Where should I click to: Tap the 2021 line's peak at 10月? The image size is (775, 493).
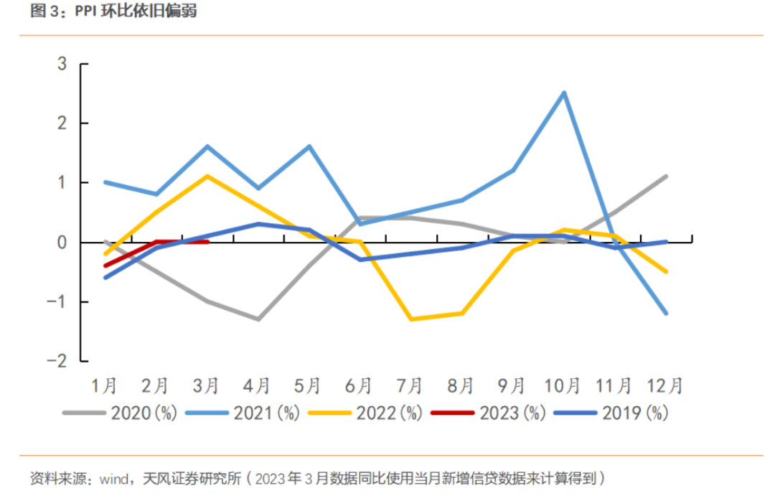(564, 93)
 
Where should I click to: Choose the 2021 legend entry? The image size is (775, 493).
(242, 413)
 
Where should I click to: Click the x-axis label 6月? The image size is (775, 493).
(360, 386)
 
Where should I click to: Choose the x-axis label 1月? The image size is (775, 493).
(105, 386)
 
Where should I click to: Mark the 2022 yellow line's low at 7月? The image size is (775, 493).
(411, 319)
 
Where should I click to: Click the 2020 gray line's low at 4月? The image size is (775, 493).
(258, 319)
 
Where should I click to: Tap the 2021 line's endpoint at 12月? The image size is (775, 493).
(667, 314)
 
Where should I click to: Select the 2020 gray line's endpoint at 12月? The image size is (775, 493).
(667, 177)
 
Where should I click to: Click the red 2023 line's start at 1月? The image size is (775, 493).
(105, 266)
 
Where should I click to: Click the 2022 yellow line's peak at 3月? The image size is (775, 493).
(207, 177)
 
